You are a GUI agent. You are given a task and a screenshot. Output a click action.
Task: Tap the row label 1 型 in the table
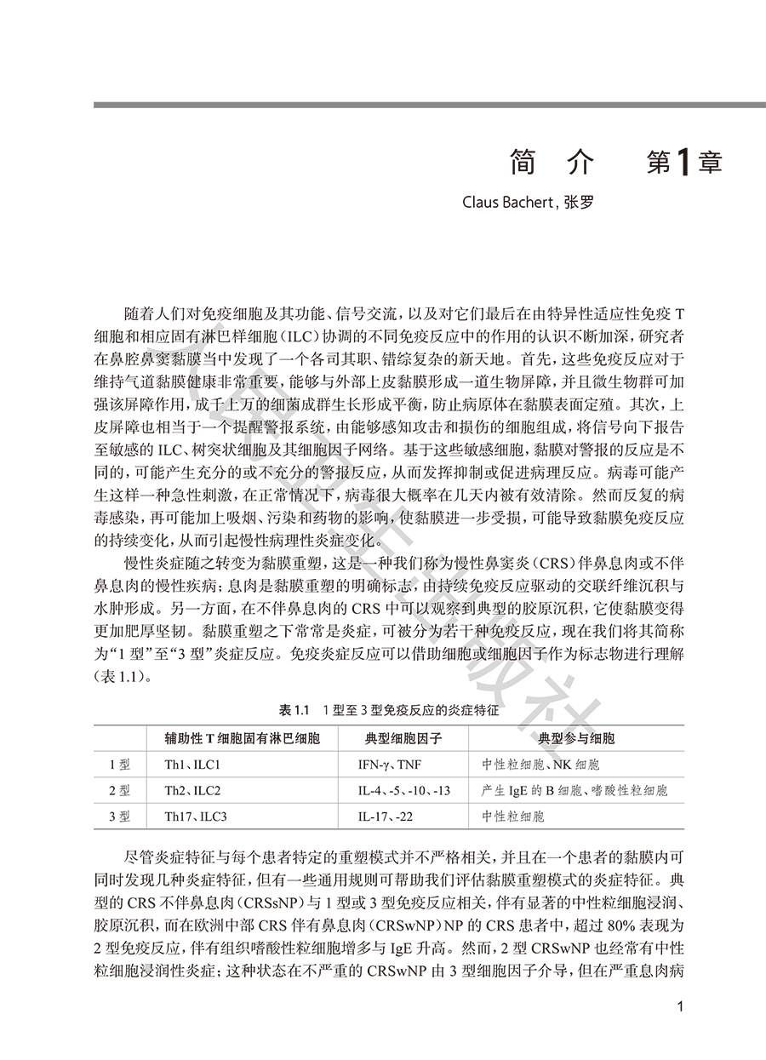tap(120, 765)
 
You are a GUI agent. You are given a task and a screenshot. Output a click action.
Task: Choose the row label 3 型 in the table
tap(120, 816)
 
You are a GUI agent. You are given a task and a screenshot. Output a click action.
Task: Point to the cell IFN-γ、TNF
tap(390, 765)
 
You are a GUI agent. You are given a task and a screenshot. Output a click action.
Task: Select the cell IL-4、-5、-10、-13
tap(404, 790)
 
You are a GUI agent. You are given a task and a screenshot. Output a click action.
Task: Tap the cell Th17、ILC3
tap(196, 816)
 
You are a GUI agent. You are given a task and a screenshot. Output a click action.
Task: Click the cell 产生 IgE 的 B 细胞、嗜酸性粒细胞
tap(574, 790)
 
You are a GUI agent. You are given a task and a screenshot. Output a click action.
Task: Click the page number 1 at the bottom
tap(679, 1007)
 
